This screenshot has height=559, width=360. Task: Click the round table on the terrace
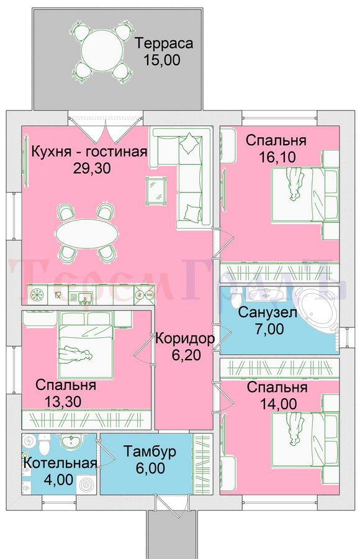pos(102,50)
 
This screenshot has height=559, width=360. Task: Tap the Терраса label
pos(164,43)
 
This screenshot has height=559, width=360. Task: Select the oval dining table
pos(87,233)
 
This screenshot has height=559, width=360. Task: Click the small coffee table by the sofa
pos(156,191)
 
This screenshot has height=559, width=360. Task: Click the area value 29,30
pos(92,168)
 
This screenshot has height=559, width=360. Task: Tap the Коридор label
pos(185,338)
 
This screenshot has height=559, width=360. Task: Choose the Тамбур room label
pos(150,452)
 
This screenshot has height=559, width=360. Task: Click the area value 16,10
pos(276,157)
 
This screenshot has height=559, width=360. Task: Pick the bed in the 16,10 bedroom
pos(305,194)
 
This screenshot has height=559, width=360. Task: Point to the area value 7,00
pos(269,329)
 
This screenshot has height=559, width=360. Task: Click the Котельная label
pos(60,463)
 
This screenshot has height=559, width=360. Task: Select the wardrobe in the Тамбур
pos(202,464)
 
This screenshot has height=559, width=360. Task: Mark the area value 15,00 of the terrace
pos(162,60)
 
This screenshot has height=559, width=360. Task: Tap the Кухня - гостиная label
pos(89,152)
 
